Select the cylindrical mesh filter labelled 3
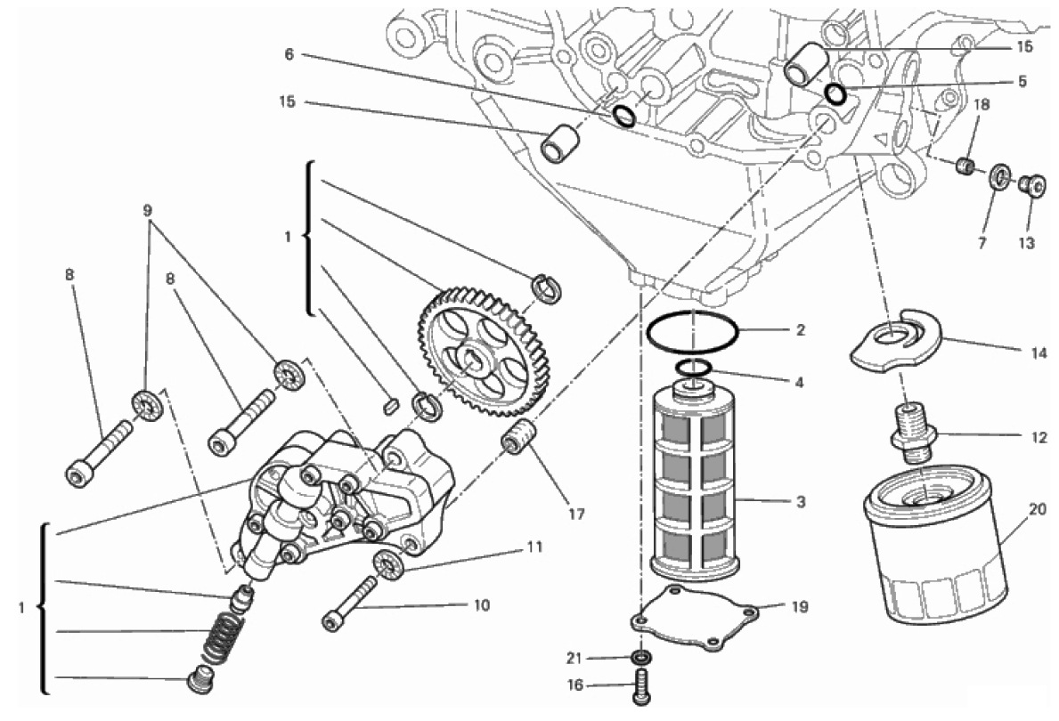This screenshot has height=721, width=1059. [x=696, y=480]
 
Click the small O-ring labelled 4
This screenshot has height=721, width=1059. [x=693, y=368]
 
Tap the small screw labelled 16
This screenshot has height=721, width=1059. [x=642, y=687]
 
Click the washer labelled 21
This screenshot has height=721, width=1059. [x=641, y=657]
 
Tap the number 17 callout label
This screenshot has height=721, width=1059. [x=575, y=514]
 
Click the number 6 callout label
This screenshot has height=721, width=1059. [x=289, y=54]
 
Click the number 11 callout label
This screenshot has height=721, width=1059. [x=535, y=547]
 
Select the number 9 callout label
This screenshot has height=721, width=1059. [x=148, y=210]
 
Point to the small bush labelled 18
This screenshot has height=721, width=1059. [x=965, y=166]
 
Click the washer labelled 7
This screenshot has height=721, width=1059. [x=999, y=177]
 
